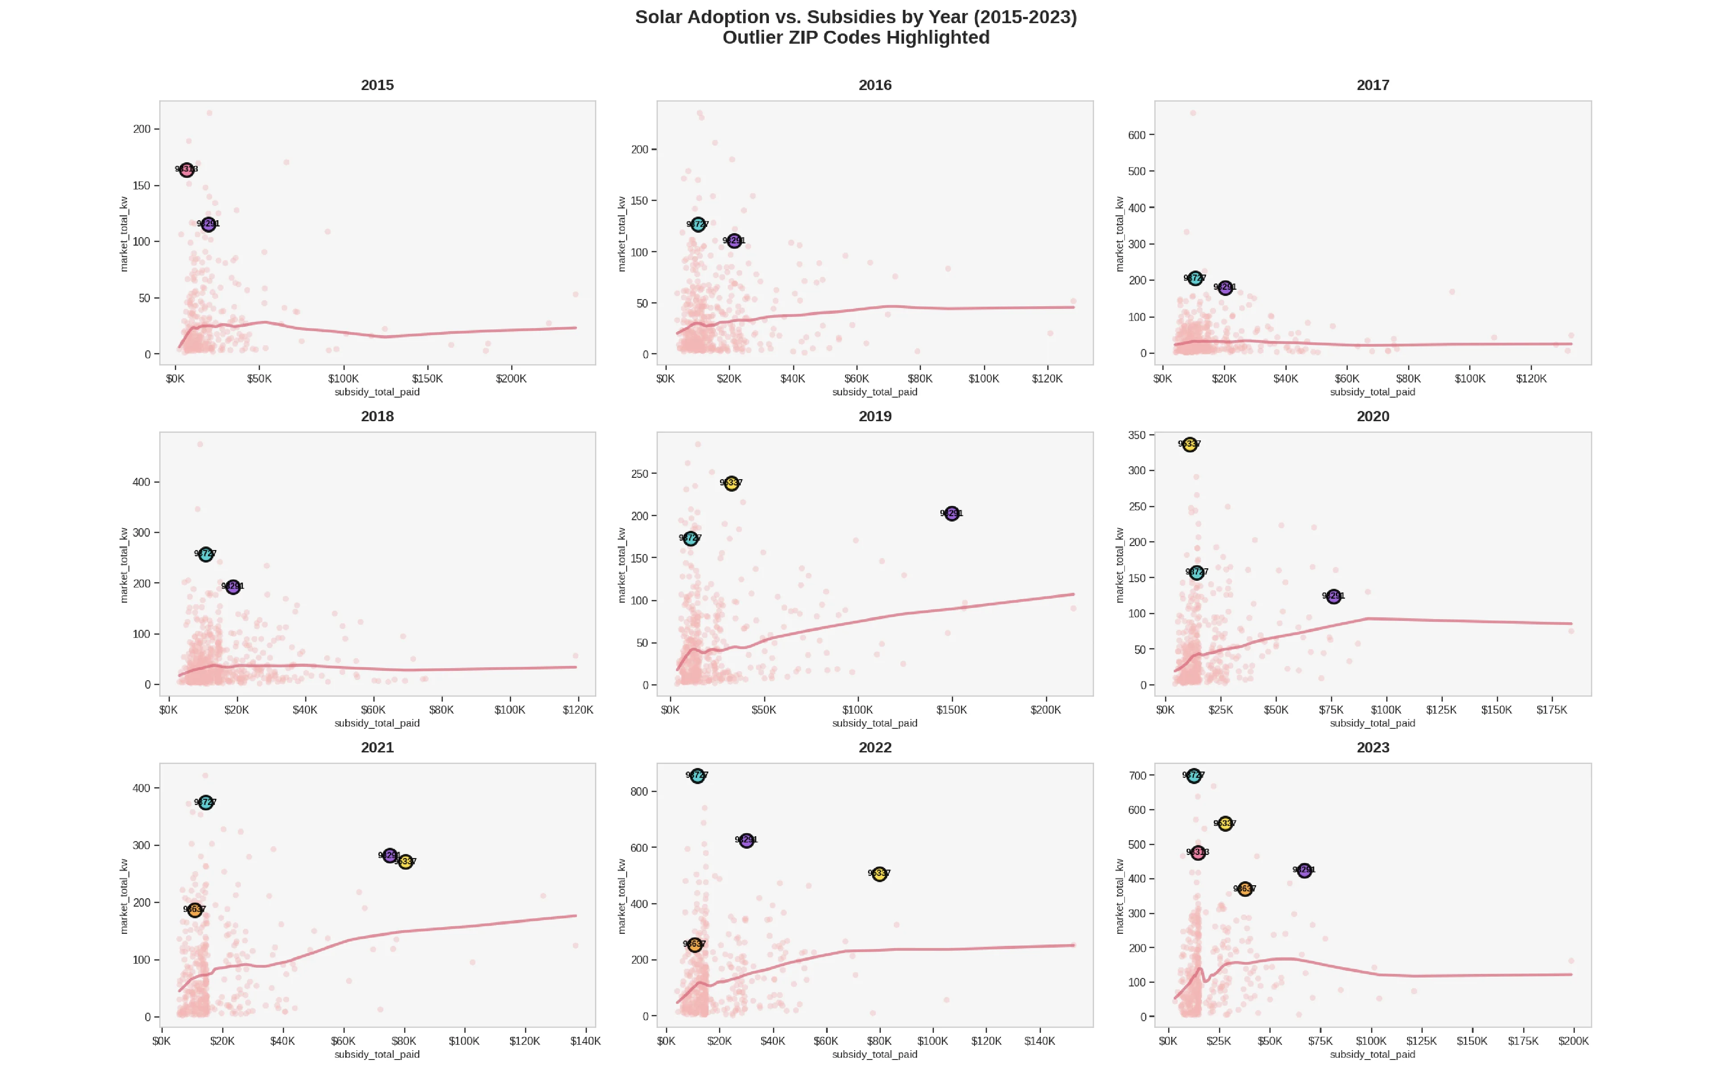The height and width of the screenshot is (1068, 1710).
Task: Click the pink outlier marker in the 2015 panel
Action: coord(186,169)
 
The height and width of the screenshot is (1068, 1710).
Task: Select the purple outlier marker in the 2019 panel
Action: coord(952,513)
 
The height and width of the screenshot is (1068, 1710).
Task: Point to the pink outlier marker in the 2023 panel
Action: coord(1198,853)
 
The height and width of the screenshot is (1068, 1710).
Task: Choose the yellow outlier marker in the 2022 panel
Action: coord(879,874)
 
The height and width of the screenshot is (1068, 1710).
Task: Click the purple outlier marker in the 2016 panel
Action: coord(734,241)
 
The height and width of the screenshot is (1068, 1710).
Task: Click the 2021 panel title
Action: coord(377,748)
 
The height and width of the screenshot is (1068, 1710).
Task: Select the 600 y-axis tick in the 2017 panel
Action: coord(1136,135)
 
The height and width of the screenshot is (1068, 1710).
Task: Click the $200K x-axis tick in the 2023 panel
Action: coord(1573,1041)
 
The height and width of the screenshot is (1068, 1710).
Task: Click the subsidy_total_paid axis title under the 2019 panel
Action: coord(875,723)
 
